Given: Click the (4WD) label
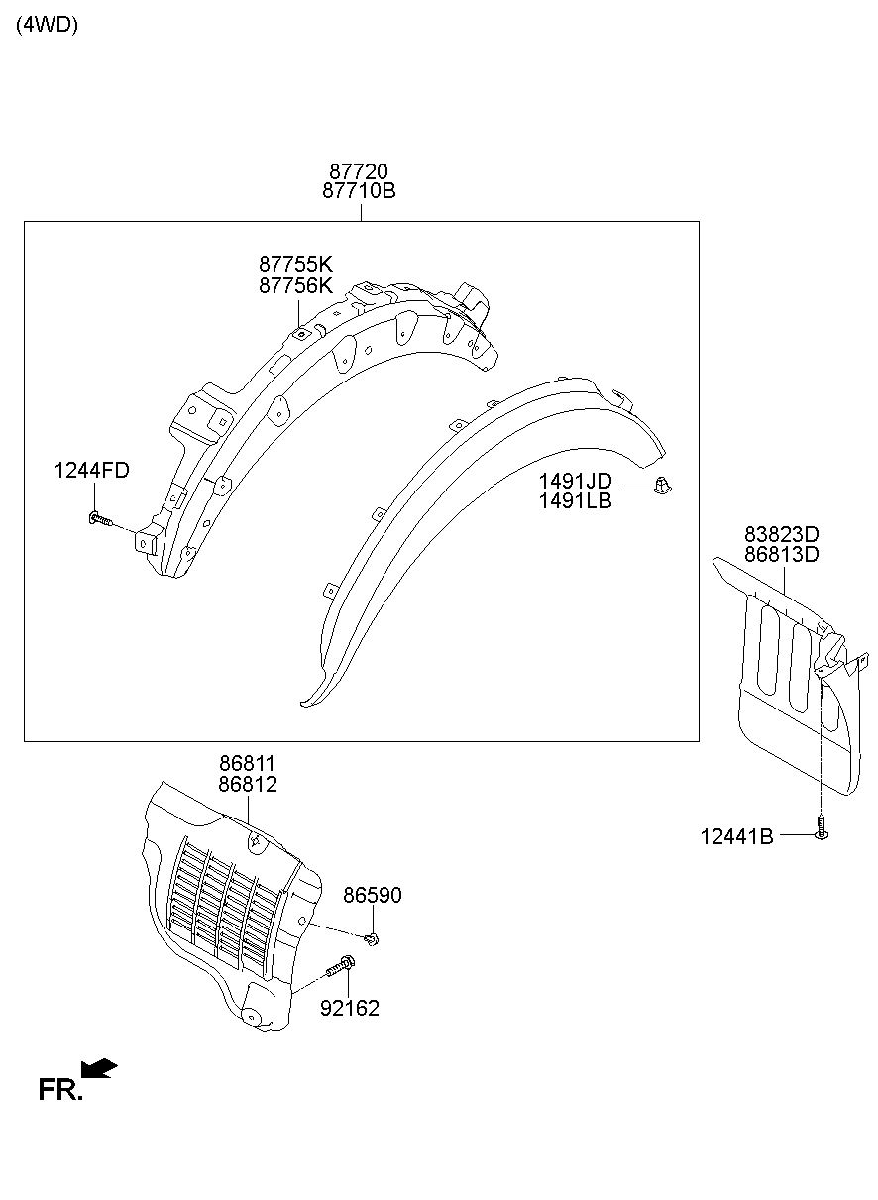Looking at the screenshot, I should coord(47,25).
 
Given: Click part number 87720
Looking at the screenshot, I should coord(360,172).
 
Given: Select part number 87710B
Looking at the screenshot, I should coord(360,191).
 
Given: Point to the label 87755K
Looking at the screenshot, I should coord(296,265).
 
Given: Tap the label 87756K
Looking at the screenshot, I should coord(296,285).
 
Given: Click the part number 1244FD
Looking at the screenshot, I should coord(91,471).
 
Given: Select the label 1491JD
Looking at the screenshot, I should coord(575,481).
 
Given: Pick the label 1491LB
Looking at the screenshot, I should coord(575,500).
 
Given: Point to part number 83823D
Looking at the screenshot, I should coord(782,534).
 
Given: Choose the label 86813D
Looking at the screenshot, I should coord(782,555).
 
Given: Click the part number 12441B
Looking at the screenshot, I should coord(736,837).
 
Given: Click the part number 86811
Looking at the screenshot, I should coord(247,764).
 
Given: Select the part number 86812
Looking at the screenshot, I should coord(247,784).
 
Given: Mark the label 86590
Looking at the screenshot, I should coord(373,895).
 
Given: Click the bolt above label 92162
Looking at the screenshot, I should coord(344,967).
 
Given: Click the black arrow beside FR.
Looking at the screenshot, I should coord(99,1068).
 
